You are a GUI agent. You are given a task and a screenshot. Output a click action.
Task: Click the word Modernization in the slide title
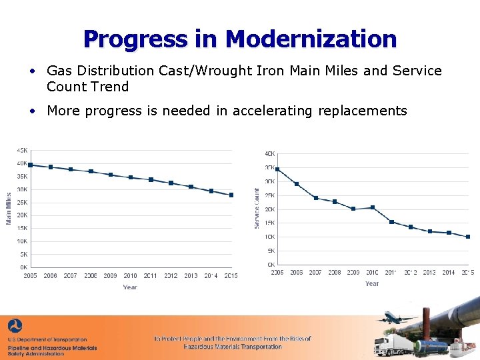click(x=311, y=39)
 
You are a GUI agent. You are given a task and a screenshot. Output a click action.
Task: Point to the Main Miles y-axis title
click(x=9, y=208)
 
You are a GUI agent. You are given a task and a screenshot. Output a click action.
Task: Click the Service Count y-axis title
click(x=257, y=208)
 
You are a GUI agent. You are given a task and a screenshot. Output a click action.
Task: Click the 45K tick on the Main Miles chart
click(x=22, y=151)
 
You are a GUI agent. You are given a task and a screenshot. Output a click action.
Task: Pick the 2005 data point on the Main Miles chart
click(x=30, y=165)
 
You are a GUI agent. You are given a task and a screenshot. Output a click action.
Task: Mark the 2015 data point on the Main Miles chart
click(x=231, y=195)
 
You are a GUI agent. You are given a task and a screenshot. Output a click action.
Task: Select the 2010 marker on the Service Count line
click(x=372, y=207)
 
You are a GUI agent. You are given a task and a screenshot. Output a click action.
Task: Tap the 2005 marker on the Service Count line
click(x=277, y=169)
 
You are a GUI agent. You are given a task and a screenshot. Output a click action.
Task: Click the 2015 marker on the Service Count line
click(x=468, y=237)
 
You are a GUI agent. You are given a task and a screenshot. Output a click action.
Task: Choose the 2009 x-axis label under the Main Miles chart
click(x=110, y=276)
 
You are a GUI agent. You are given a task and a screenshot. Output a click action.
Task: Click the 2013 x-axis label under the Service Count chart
click(x=429, y=273)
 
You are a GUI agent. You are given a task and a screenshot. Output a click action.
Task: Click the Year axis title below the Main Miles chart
click(x=130, y=287)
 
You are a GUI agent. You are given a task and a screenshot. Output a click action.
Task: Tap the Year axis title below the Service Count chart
click(x=372, y=284)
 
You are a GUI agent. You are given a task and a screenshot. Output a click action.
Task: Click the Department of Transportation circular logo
click(x=14, y=327)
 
